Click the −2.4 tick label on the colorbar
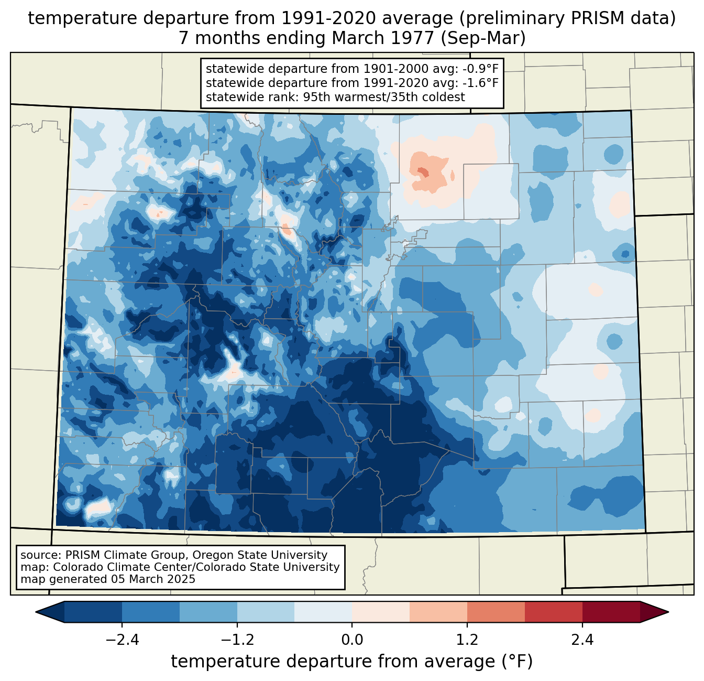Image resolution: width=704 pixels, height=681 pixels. [x=122, y=640]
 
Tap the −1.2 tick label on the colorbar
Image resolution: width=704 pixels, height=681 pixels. [x=237, y=640]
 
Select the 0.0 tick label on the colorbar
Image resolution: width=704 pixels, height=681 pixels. [x=352, y=640]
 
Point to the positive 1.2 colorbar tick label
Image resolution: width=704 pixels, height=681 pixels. [x=467, y=640]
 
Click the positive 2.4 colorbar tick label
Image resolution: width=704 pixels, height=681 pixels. [x=582, y=640]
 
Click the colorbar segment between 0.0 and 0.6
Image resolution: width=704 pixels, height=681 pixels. [x=381, y=612]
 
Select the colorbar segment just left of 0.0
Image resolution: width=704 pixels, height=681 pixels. [x=323, y=612]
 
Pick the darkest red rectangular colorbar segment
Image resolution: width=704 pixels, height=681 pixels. [x=611, y=612]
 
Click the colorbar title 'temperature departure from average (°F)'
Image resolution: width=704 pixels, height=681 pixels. [x=352, y=662]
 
